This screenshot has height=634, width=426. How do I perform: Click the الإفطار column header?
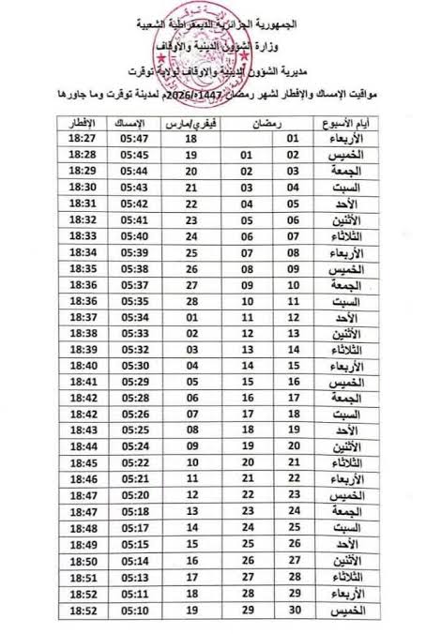tap(84, 123)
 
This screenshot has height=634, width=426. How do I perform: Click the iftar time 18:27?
tap(84, 139)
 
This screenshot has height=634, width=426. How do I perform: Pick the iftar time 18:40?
tap(84, 366)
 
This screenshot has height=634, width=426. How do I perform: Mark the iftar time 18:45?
tap(84, 463)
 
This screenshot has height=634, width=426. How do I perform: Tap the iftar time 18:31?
tap(84, 204)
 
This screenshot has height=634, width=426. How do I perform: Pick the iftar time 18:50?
tap(84, 561)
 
